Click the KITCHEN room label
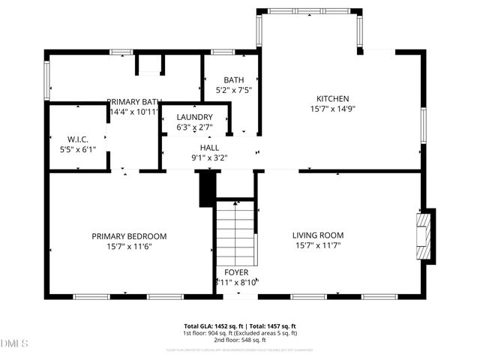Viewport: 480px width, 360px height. click(x=332, y=98)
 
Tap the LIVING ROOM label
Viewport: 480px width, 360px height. click(x=317, y=235)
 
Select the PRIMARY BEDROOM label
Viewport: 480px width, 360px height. click(x=129, y=236)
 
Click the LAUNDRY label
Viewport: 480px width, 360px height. click(x=194, y=118)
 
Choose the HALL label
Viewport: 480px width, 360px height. click(x=209, y=148)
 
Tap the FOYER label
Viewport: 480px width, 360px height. click(x=236, y=272)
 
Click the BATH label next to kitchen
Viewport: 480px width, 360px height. click(x=233, y=80)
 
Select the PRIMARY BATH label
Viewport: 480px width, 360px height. click(x=135, y=102)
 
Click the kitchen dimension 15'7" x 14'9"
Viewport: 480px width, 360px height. click(x=332, y=109)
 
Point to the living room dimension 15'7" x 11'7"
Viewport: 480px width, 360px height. click(x=317, y=246)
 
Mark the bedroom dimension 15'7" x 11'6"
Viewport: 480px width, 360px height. click(x=129, y=247)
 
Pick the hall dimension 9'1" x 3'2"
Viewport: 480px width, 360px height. click(x=209, y=158)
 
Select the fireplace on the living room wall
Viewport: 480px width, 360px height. click(x=425, y=235)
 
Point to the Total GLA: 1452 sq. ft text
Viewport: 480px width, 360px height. click(x=209, y=326)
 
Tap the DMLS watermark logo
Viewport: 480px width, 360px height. click(x=14, y=344)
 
